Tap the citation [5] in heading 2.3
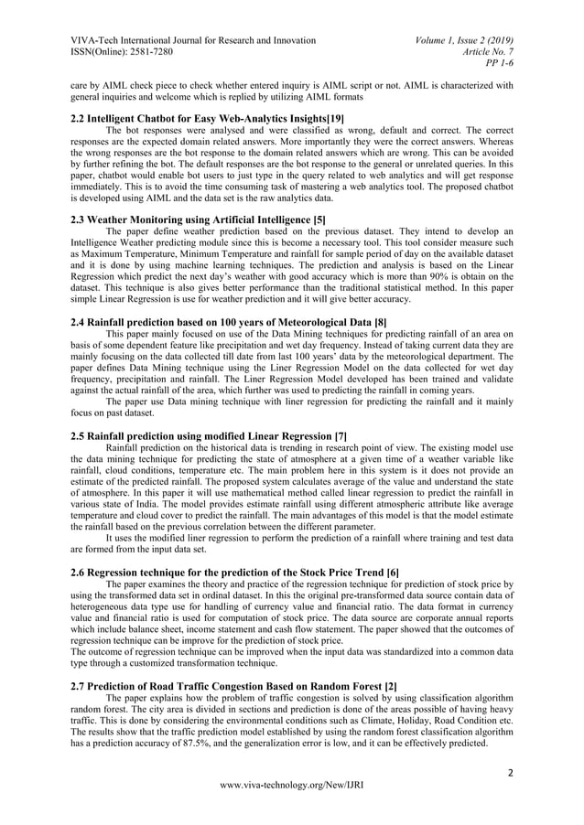(319, 220)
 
